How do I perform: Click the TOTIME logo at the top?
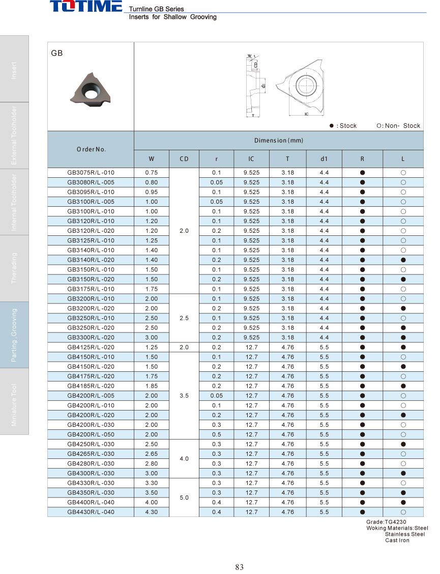coord(85,7)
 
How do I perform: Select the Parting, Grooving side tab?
coord(14,335)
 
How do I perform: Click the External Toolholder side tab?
coord(14,135)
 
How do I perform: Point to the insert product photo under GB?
coord(90,90)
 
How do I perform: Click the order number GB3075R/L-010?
coord(91,173)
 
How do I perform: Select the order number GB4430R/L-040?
coord(91,512)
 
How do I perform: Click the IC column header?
coord(251,159)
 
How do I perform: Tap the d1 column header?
coord(324,159)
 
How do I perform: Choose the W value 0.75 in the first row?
coord(151,173)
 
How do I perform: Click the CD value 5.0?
coord(184,498)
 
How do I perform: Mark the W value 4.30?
coord(151,512)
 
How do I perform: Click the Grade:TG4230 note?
coord(386,522)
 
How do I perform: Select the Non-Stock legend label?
coord(402,126)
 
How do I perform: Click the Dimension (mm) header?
coord(278,140)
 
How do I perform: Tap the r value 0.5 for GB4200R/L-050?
coord(217,434)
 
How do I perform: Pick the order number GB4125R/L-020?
coord(91,347)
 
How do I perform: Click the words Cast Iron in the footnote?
coord(397,540)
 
